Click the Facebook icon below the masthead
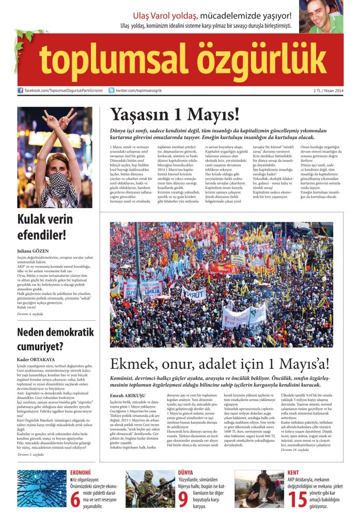click(x=20, y=90)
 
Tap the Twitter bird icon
click(x=112, y=90)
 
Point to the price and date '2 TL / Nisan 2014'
click(x=327, y=91)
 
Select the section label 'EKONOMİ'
click(x=81, y=473)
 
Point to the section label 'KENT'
click(x=293, y=473)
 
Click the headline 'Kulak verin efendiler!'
click(x=45, y=227)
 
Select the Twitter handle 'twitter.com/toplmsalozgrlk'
click(x=139, y=91)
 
